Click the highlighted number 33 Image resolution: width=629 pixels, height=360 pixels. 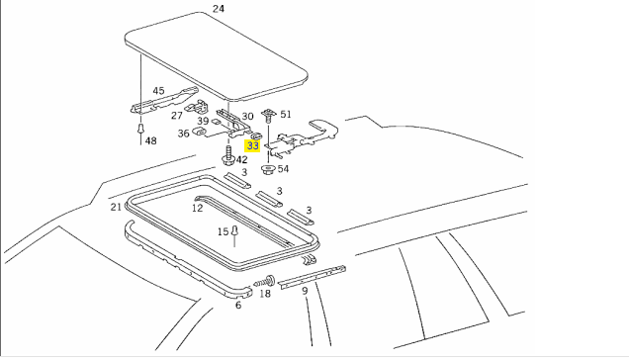253,145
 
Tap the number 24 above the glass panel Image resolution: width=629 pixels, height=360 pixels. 219,9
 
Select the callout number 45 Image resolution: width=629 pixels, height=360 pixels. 158,91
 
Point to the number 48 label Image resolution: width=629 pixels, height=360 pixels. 151,140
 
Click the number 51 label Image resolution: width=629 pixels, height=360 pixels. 286,115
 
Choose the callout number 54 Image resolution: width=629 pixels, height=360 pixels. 283,168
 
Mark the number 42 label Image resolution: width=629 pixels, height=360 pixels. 241,160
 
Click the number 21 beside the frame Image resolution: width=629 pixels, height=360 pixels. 116,207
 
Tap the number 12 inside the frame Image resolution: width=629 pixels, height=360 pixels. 198,208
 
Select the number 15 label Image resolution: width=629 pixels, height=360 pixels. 224,231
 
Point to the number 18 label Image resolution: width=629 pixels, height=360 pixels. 265,294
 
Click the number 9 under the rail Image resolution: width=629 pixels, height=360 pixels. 305,291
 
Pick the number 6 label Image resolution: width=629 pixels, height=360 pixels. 238,306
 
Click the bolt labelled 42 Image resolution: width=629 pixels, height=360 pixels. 228,155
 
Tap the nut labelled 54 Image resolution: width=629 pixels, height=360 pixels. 267,170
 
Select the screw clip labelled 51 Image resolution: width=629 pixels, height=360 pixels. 268,116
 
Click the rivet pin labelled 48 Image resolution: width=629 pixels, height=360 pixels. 140,130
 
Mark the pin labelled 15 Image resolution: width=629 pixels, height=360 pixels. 234,230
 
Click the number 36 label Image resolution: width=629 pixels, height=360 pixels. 183,134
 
